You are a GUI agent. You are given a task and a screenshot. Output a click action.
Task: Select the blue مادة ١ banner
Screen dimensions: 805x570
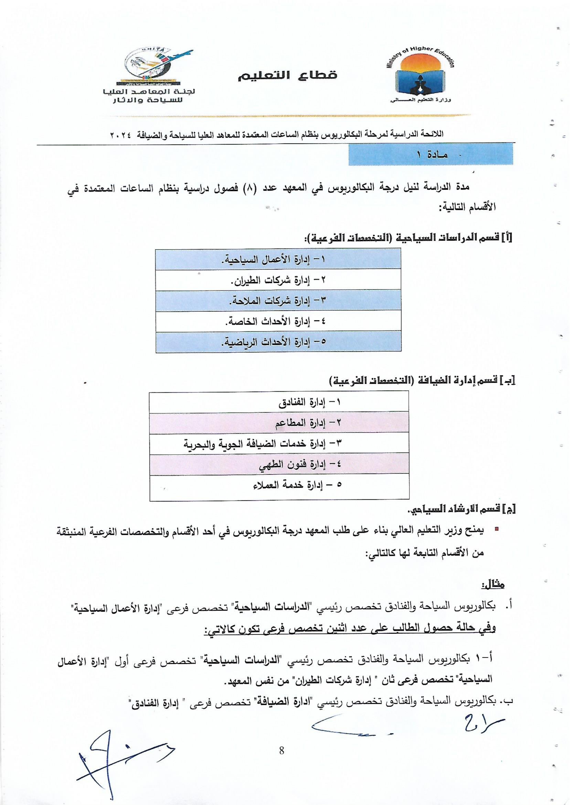pyautogui.click(x=430, y=155)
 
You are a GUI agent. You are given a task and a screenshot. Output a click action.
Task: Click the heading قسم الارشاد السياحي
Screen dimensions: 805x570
pyautogui.click(x=460, y=509)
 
